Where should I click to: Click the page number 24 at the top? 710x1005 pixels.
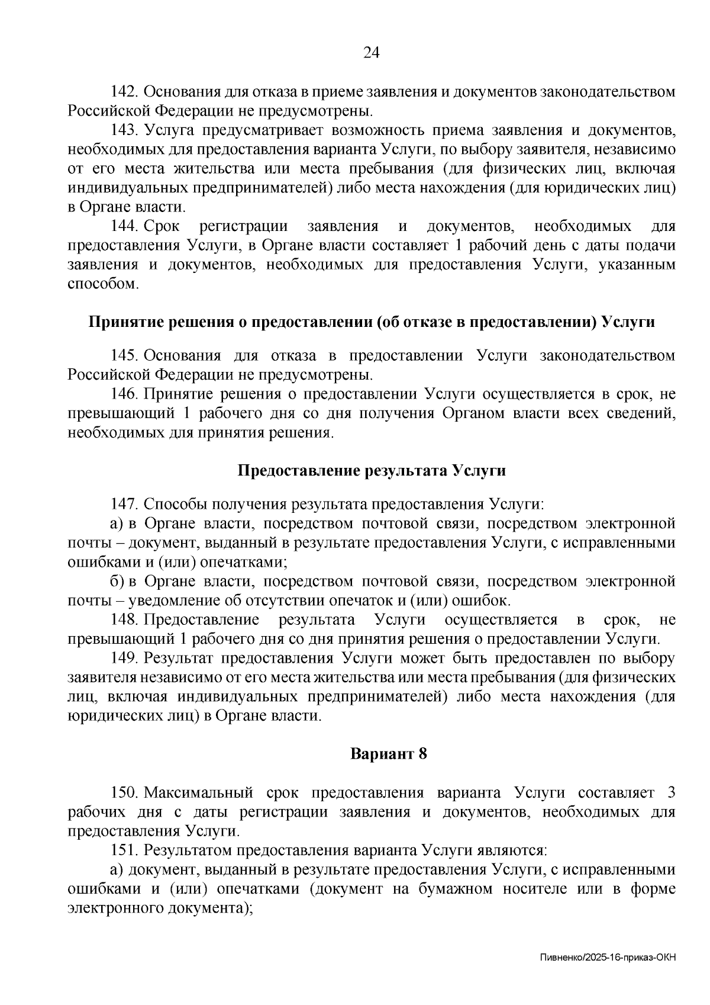pyautogui.click(x=370, y=53)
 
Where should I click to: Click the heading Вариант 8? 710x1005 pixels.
pyautogui.click(x=389, y=754)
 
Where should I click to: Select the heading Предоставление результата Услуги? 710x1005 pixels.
pyautogui.click(x=372, y=471)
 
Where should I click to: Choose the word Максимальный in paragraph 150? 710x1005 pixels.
pyautogui.click(x=198, y=793)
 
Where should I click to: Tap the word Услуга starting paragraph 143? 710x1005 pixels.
pyautogui.click(x=167, y=130)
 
